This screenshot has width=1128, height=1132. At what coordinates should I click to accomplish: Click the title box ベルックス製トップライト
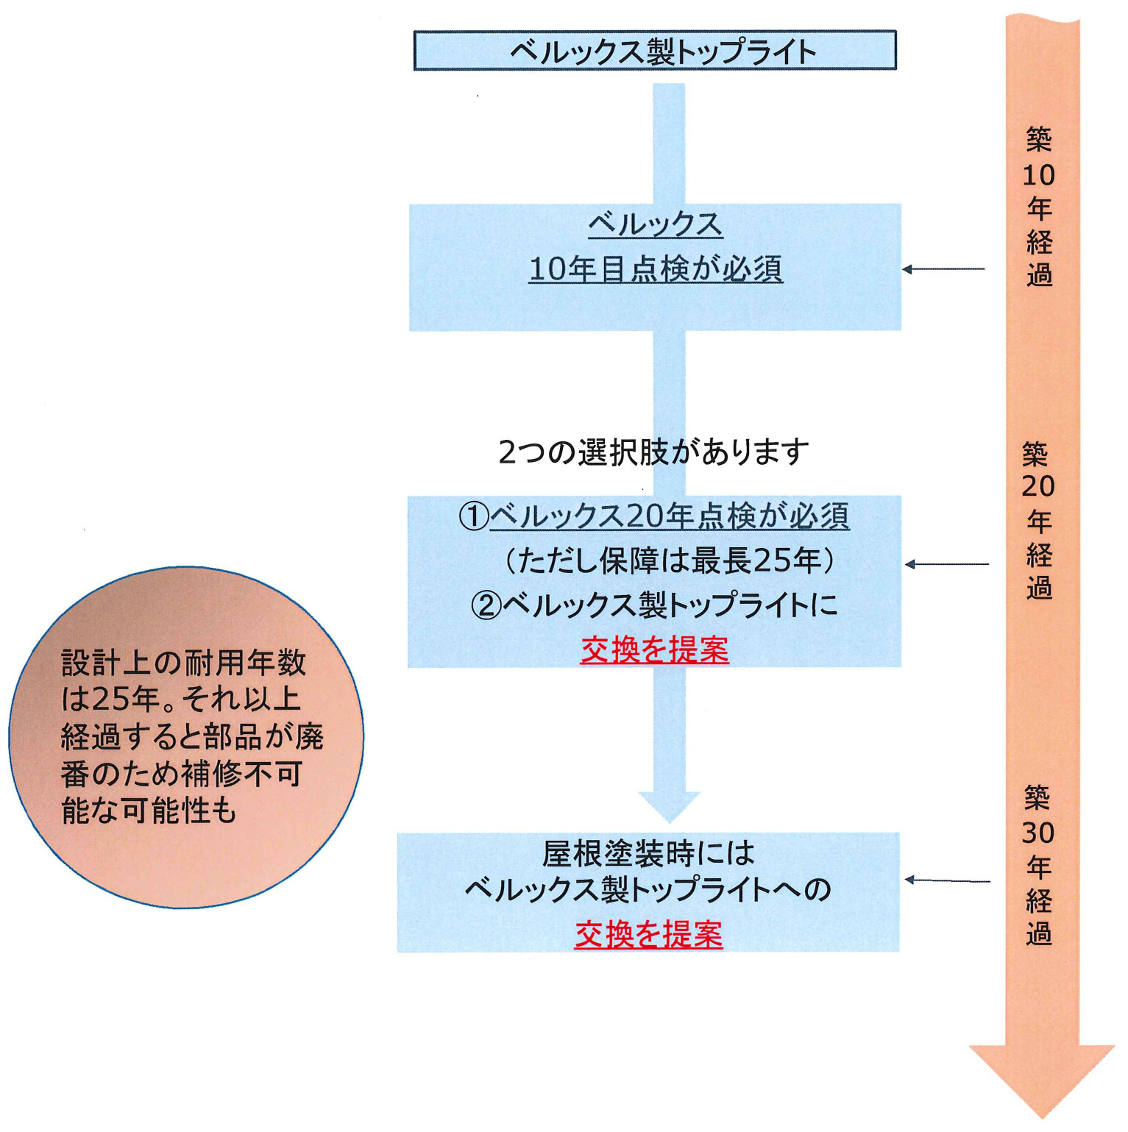pyautogui.click(x=655, y=51)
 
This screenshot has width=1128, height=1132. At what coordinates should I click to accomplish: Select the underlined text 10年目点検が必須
pyautogui.click(x=655, y=269)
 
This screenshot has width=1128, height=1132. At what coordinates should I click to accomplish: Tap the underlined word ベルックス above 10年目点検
pyautogui.click(x=655, y=224)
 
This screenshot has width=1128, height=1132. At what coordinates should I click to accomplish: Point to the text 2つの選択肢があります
pyautogui.click(x=653, y=452)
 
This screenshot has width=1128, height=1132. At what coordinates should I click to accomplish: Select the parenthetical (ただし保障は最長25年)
pyautogui.click(x=669, y=560)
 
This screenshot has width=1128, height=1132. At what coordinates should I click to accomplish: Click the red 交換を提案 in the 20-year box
pyautogui.click(x=654, y=650)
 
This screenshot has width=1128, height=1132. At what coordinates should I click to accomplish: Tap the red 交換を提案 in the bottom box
pyautogui.click(x=648, y=934)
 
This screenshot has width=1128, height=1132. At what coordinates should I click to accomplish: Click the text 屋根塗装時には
pyautogui.click(x=648, y=853)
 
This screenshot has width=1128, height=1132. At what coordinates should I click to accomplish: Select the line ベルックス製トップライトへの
pyautogui.click(x=648, y=890)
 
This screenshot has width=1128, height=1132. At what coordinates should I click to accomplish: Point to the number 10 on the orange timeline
pyautogui.click(x=1038, y=175)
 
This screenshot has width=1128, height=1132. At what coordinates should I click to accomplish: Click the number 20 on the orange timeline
pyautogui.click(x=1038, y=486)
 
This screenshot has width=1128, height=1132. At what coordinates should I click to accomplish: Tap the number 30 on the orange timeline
pyautogui.click(x=1038, y=833)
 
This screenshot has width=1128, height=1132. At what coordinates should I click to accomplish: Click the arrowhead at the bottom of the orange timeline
pyautogui.click(x=1041, y=1078)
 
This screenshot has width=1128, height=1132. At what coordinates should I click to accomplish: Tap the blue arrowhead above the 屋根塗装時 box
pyautogui.click(x=670, y=806)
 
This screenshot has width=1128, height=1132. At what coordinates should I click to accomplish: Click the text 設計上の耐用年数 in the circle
pyautogui.click(x=183, y=663)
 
